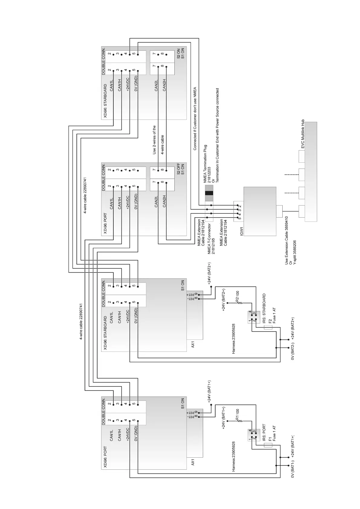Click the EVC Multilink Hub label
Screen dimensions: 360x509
coord(303,134)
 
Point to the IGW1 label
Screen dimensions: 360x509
coord(242,231)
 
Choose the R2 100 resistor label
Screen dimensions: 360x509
coord(237,297)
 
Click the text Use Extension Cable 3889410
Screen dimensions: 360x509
coord(286,240)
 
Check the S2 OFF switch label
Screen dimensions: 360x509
coord(178,169)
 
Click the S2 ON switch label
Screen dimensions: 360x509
coord(178,53)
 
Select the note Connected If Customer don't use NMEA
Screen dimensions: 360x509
coord(195,118)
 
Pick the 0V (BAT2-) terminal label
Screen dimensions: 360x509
coord(293,352)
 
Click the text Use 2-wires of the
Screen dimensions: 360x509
coord(154,140)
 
